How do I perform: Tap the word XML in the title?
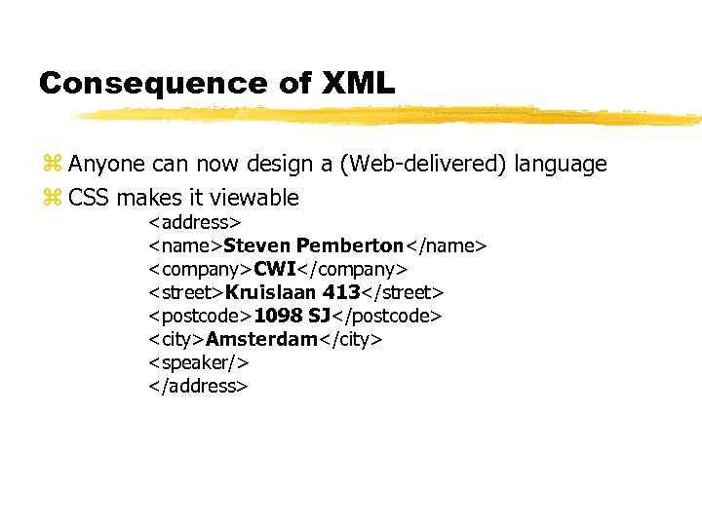click(x=355, y=84)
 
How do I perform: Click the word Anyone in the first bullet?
click(x=102, y=164)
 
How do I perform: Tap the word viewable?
click(x=255, y=198)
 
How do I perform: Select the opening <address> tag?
click(x=195, y=223)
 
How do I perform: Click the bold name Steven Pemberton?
click(x=313, y=245)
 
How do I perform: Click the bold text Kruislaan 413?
click(x=292, y=292)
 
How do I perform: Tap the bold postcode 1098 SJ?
click(x=292, y=316)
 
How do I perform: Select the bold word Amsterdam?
click(x=261, y=339)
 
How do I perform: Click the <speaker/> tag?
click(x=199, y=362)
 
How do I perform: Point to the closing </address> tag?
click(x=199, y=386)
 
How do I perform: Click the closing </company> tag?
click(x=352, y=269)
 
